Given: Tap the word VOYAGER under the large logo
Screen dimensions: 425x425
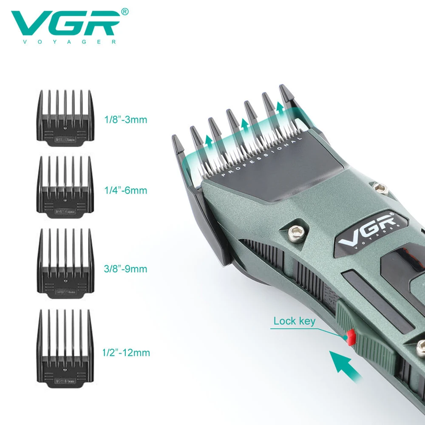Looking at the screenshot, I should point(64,42).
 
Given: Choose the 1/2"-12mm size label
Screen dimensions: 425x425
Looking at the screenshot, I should point(126,352).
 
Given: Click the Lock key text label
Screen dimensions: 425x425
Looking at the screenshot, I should point(294,320).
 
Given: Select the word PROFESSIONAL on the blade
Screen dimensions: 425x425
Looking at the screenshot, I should point(262,156).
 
